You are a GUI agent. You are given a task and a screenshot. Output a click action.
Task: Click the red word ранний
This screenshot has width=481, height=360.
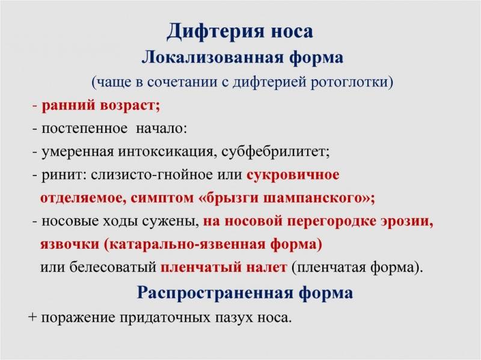click(69, 106)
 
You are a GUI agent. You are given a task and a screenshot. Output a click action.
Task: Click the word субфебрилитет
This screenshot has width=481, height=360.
click(274, 151)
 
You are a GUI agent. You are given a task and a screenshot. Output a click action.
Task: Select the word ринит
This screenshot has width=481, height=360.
click(63, 175)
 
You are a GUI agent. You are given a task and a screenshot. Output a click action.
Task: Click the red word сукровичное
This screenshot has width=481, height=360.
click(293, 175)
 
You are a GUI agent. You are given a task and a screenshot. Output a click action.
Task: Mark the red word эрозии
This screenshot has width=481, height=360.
click(405, 221)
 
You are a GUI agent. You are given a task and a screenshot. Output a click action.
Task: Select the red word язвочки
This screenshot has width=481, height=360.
click(70, 245)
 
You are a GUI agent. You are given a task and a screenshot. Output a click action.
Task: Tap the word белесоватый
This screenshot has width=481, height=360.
click(112, 267)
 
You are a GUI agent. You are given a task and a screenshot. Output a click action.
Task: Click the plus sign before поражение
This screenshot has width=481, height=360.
click(32, 317)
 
